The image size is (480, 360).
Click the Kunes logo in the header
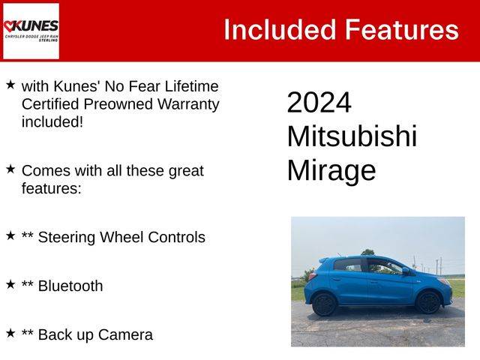[x=31, y=31]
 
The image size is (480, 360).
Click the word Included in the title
[x=280, y=30]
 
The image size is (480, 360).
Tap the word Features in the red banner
[x=402, y=30]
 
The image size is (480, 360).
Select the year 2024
[x=319, y=102]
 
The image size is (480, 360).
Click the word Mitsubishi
[x=352, y=136]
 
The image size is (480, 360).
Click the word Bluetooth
[x=70, y=286]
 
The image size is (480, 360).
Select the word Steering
[x=67, y=238]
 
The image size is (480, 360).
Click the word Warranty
[x=188, y=105]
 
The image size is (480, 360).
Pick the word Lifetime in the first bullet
[x=192, y=86]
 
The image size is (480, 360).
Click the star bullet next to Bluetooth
[x=10, y=284]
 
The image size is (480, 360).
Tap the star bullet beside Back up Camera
[x=10, y=333]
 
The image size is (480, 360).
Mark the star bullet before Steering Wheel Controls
[x=10, y=235]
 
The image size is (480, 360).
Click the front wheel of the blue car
[x=429, y=302]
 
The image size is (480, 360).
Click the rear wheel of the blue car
[x=325, y=304]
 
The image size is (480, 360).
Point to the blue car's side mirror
[x=406, y=271]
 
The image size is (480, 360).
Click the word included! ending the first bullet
[x=52, y=122]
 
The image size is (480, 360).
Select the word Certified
[x=50, y=104]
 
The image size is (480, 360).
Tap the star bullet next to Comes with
[x=10, y=169]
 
